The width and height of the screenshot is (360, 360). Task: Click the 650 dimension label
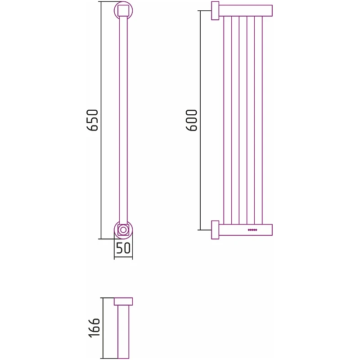93,120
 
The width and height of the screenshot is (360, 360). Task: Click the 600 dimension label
192,120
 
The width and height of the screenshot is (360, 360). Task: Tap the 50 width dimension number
123,248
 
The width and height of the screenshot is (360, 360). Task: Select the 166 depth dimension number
94,328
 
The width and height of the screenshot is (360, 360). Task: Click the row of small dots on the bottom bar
252,230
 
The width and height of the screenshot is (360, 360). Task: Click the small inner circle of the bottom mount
123,229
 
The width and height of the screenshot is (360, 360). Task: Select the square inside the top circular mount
123,10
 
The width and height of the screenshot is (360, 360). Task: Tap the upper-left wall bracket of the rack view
215,10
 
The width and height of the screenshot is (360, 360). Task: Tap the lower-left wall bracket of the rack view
215,230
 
